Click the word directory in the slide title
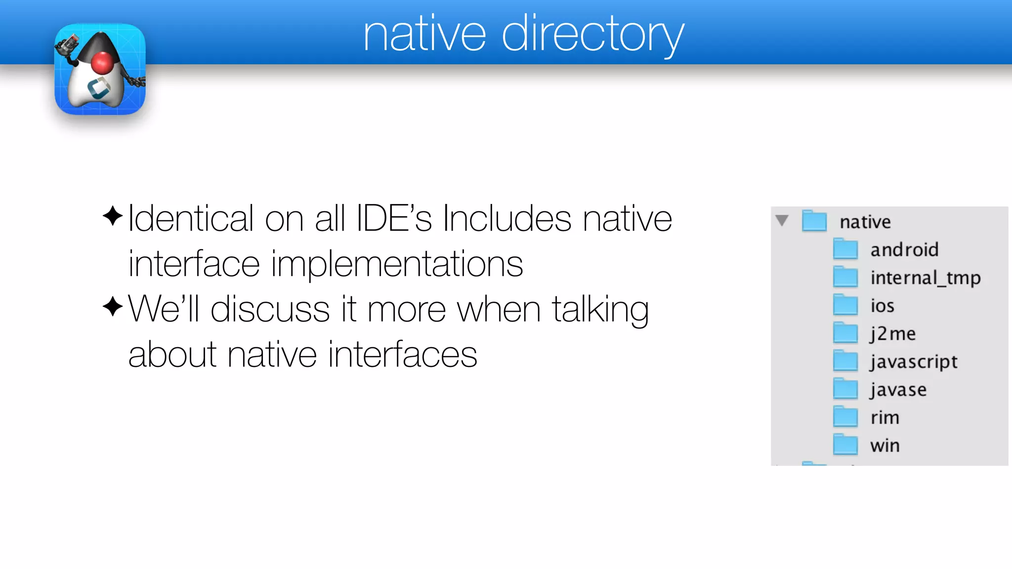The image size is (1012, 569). pyautogui.click(x=593, y=35)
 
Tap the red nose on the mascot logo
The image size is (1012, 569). pyautogui.click(x=102, y=63)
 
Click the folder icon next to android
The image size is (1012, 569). pyautogui.click(x=845, y=249)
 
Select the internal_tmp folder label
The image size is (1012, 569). pyautogui.click(x=925, y=278)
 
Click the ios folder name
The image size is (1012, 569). pyautogui.click(x=882, y=306)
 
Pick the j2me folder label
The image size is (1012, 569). pyautogui.click(x=892, y=334)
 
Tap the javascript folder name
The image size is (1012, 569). pyautogui.click(x=914, y=362)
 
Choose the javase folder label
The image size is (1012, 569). pyautogui.click(x=898, y=390)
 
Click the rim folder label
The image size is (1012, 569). pyautogui.click(x=885, y=418)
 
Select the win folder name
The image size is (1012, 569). pyautogui.click(x=885, y=446)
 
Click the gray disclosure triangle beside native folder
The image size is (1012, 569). pyautogui.click(x=782, y=220)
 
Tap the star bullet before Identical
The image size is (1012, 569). pyautogui.click(x=113, y=216)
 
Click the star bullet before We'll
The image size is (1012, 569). pyautogui.click(x=113, y=307)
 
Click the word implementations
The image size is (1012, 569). pyautogui.click(x=397, y=264)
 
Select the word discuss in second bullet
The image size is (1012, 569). pyautogui.click(x=270, y=309)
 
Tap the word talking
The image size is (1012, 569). pyautogui.click(x=600, y=309)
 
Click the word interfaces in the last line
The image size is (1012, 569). pyautogui.click(x=402, y=355)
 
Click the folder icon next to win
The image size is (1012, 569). pyautogui.click(x=845, y=445)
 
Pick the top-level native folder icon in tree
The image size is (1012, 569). pyautogui.click(x=814, y=221)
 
